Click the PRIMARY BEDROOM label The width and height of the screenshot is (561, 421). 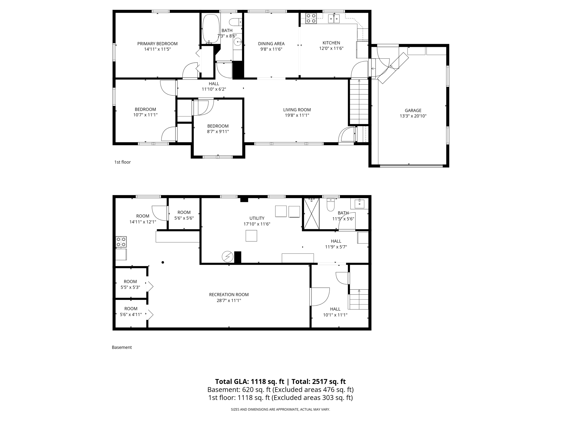tap(157, 44)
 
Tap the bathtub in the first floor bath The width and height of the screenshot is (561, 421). tap(211, 28)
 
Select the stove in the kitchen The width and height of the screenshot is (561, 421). tap(311, 18)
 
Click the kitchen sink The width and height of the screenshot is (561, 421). tap(334, 19)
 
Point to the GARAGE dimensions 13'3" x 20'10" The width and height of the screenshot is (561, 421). tap(413, 116)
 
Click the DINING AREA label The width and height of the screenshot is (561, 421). tap(271, 44)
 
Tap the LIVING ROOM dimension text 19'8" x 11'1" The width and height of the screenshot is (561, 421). tap(297, 115)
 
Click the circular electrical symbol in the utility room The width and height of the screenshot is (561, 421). tap(227, 257)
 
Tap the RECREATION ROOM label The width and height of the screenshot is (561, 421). tap(229, 295)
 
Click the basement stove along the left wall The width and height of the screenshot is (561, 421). tap(121, 242)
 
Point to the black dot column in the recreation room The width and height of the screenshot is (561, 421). tap(163, 262)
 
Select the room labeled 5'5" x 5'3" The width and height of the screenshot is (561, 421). tap(130, 284)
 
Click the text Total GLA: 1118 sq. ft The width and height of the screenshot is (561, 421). tap(250, 382)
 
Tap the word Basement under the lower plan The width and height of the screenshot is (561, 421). tap(122, 347)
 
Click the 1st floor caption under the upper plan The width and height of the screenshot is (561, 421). tap(122, 162)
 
